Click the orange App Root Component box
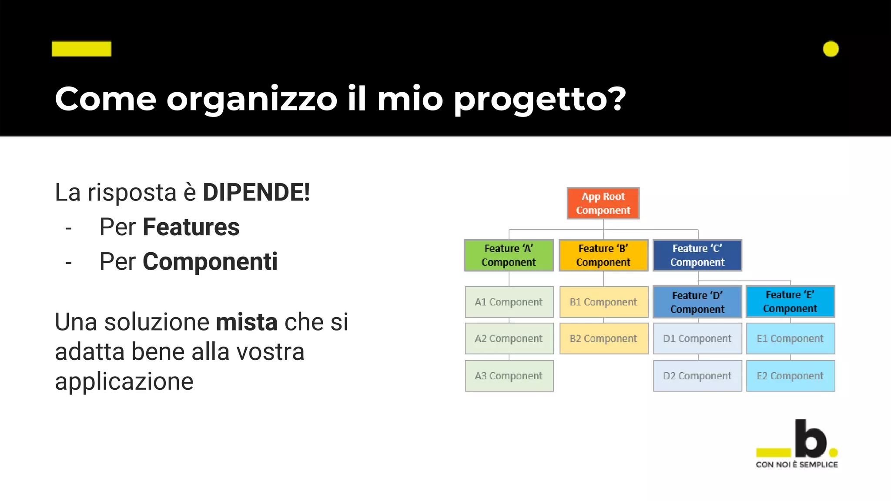point(603,203)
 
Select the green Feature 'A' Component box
point(509,255)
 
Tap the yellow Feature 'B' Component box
point(603,255)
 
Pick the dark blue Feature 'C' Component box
point(697,255)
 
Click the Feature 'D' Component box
point(697,302)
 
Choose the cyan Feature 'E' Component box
point(790,301)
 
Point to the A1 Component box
point(509,302)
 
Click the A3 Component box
point(509,376)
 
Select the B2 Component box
point(603,338)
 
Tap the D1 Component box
point(697,338)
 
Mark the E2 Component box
point(790,376)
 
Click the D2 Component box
point(697,376)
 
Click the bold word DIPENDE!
point(256,192)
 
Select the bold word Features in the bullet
point(191,227)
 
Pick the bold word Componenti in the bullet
point(210,262)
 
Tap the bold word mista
point(247,322)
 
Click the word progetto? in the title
point(539,100)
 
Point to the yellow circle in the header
point(831,49)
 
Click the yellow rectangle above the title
point(81,49)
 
